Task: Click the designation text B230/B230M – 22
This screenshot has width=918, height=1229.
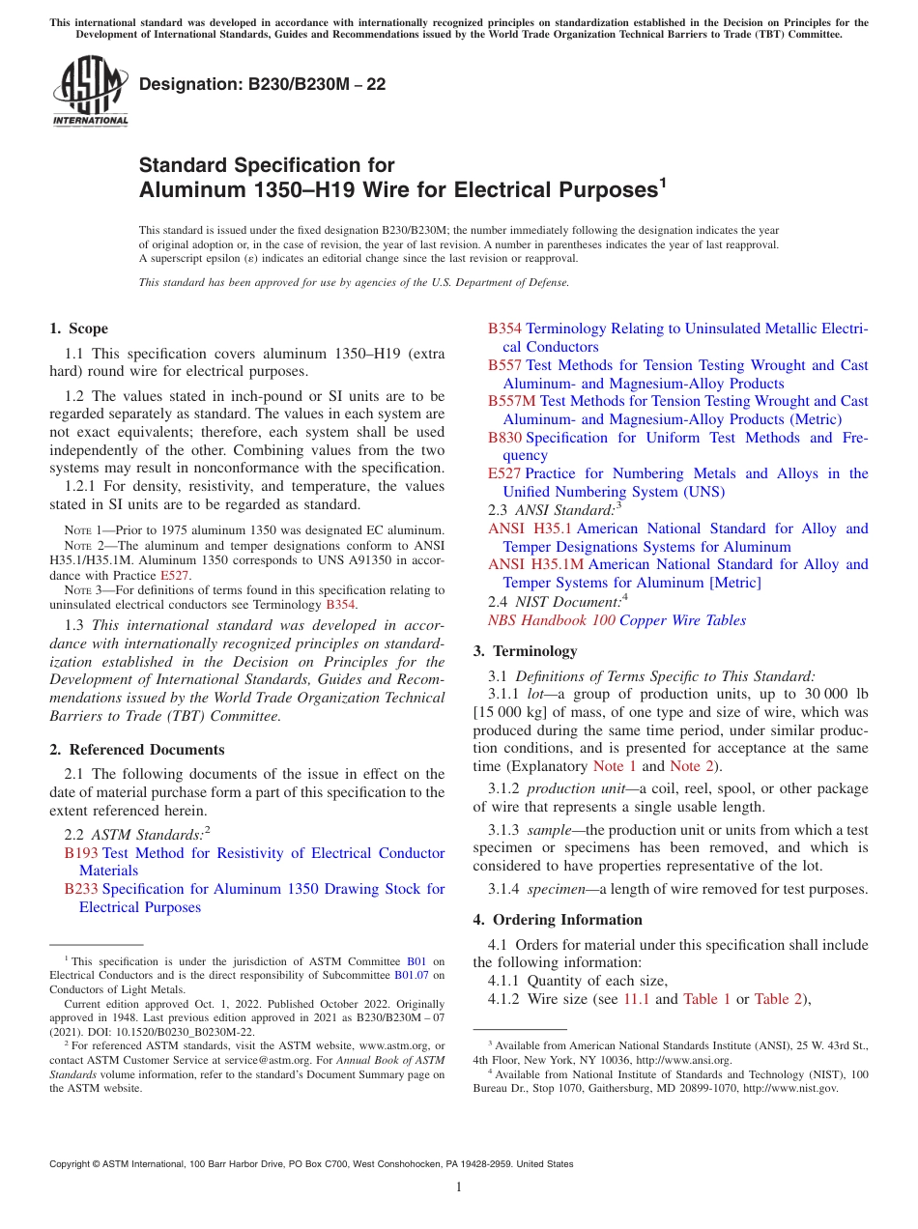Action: coord(262,84)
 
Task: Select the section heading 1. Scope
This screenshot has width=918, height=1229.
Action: coord(79,329)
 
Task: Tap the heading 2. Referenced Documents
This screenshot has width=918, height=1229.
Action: coord(137,750)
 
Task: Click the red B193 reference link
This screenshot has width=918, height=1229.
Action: coord(81,853)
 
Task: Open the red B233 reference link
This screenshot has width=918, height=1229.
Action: coord(81,889)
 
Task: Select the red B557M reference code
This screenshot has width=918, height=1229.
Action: coord(512,401)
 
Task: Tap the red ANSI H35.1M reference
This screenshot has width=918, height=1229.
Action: coord(536,564)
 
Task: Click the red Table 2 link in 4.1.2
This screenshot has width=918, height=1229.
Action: coord(777,999)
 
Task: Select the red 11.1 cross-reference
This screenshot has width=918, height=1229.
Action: coord(637,999)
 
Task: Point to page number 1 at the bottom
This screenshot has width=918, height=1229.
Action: coord(459,1187)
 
